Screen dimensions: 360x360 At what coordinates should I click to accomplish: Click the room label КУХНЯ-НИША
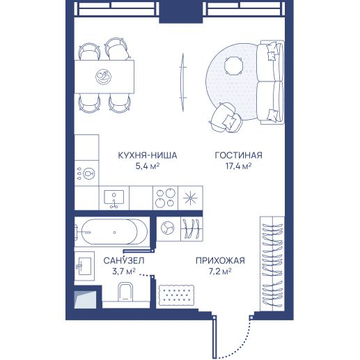(x=148, y=155)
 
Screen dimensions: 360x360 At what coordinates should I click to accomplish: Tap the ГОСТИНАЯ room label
(x=239, y=155)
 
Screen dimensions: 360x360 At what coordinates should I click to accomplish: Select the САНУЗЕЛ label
(x=124, y=260)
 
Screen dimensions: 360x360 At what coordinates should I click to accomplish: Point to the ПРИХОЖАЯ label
(x=220, y=260)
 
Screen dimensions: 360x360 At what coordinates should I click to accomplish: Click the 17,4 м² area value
(x=239, y=166)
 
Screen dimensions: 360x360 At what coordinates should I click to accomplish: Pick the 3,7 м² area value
(x=124, y=271)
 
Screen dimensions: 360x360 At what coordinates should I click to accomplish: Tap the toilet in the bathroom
(x=125, y=292)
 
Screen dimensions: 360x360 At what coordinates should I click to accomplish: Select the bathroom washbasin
(x=84, y=266)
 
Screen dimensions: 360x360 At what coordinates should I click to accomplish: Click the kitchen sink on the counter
(x=114, y=198)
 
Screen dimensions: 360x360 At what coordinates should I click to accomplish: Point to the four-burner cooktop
(x=165, y=198)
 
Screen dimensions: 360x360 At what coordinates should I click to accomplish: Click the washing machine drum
(x=168, y=228)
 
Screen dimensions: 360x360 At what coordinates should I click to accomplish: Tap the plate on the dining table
(x=103, y=77)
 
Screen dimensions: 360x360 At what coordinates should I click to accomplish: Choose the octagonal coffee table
(x=234, y=65)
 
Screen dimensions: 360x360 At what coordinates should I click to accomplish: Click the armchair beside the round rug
(x=226, y=117)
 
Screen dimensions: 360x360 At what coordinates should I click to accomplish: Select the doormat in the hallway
(x=176, y=295)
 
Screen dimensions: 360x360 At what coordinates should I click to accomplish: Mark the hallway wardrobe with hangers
(x=272, y=263)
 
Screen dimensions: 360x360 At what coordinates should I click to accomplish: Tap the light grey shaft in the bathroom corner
(x=85, y=299)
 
